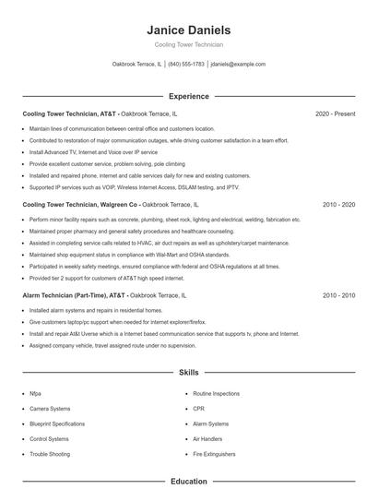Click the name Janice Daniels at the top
pos(189,30)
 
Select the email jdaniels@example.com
pos(238,65)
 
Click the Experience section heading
pos(189,96)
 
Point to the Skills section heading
pos(189,373)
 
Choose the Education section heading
pos(189,481)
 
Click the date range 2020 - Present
pos(335,113)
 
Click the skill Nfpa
pos(35,393)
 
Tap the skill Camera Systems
pos(50,408)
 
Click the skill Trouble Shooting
pos(50,454)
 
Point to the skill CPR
pos(199,408)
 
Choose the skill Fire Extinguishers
pos(215,454)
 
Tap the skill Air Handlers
pos(208,439)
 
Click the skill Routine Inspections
pos(218,393)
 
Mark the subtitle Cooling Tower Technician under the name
pos(189,44)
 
